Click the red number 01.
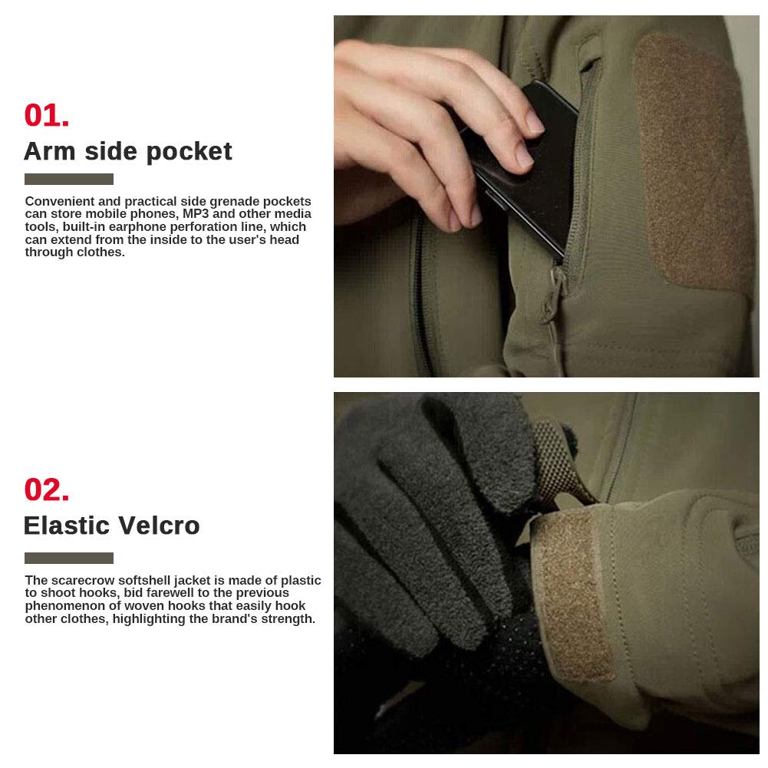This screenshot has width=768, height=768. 47,115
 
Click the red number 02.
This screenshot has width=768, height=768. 47,489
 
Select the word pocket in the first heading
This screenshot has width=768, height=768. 189,152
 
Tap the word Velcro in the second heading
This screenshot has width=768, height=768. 159,526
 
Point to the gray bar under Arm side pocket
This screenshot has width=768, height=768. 69,180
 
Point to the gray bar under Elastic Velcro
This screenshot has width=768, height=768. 69,558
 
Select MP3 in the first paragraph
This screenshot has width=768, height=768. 196,213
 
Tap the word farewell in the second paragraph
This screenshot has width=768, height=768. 170,593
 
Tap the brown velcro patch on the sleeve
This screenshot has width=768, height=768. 693,162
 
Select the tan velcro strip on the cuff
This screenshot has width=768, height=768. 573,595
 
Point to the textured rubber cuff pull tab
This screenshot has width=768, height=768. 559,463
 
